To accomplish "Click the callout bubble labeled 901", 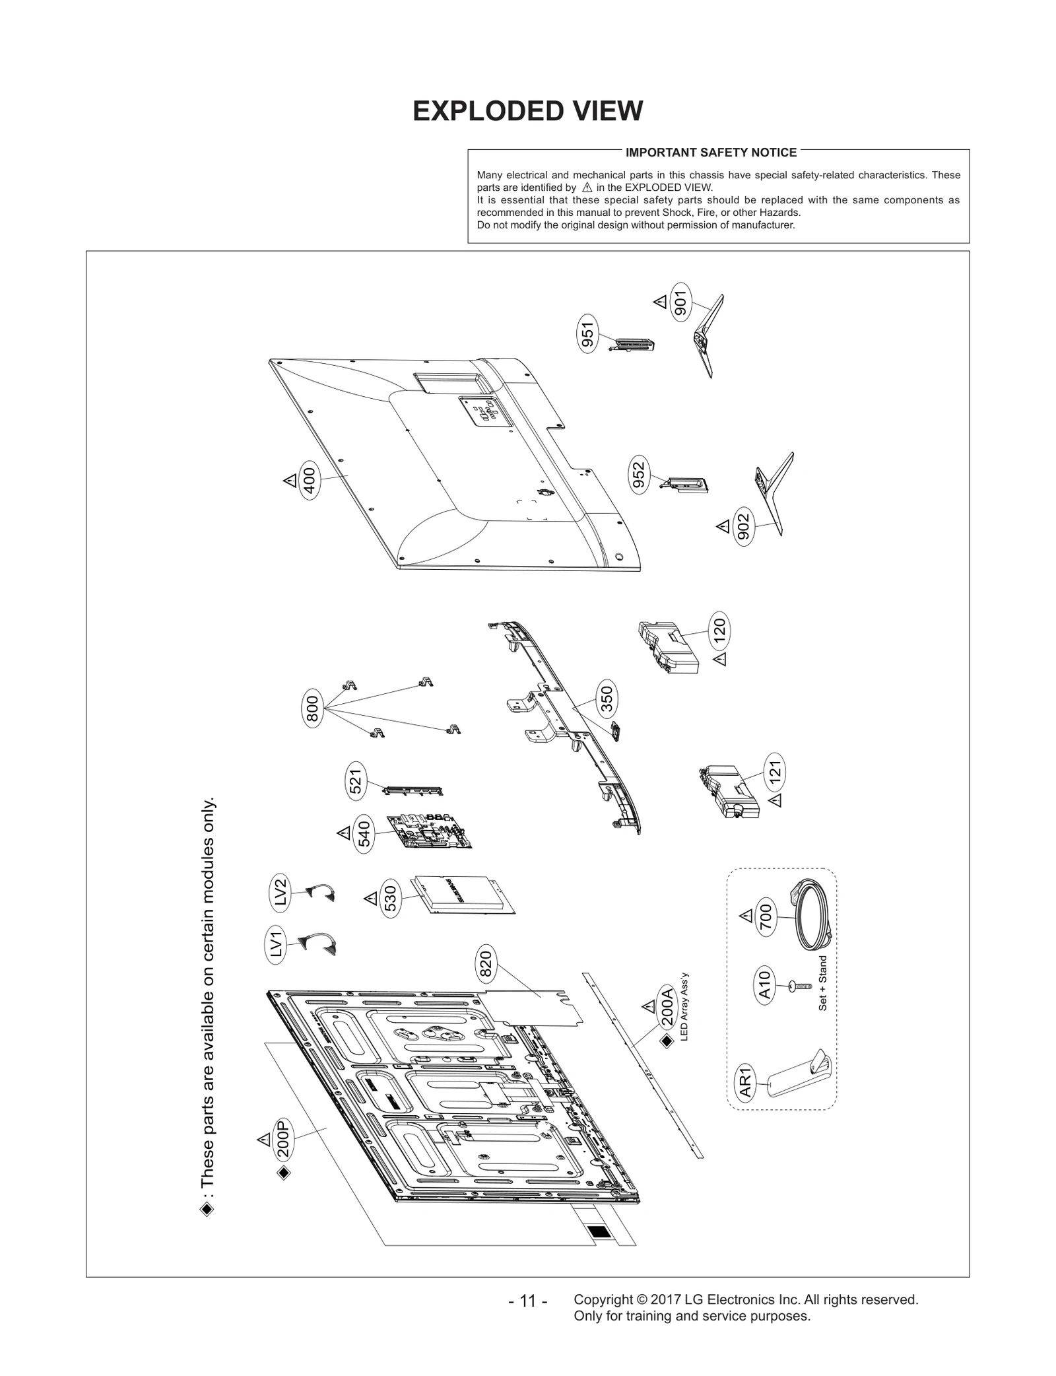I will coord(680,302).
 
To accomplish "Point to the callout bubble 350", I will coord(607,699).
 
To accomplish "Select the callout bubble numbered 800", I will coord(313,709).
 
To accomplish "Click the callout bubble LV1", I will coord(277,943).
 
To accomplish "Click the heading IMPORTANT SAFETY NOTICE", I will coord(711,153).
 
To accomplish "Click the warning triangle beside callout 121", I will coord(776,800).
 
